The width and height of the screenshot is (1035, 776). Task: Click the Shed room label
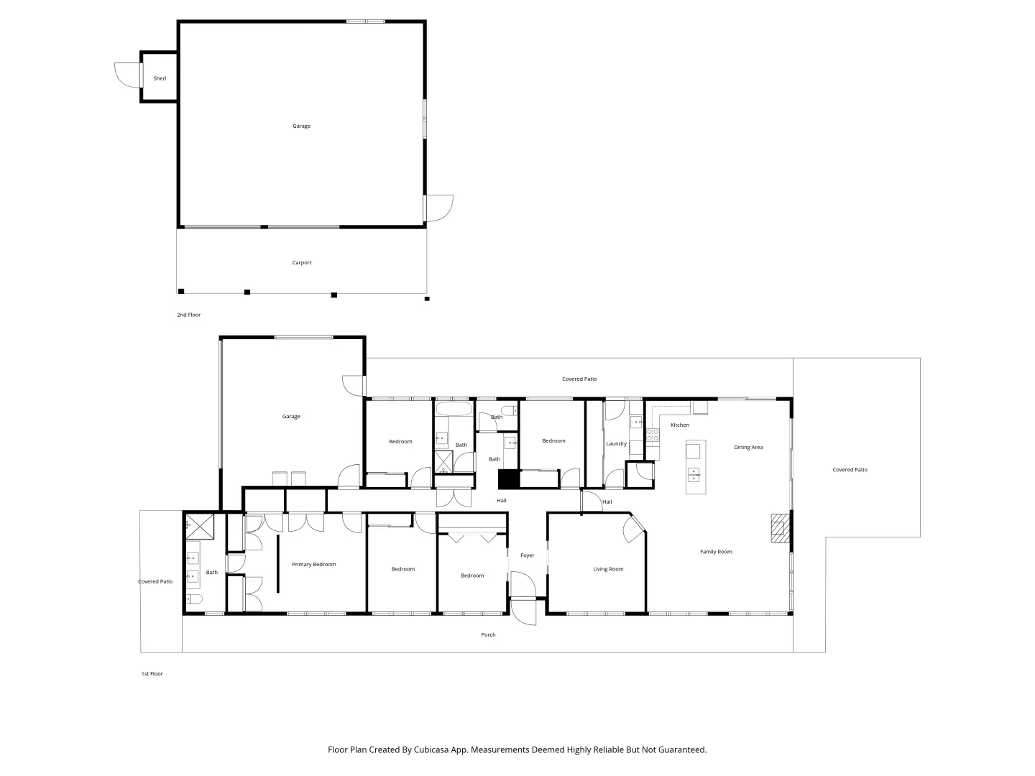(160, 78)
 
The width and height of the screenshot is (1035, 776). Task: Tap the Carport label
(302, 262)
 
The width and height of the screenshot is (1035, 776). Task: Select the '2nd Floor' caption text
(189, 315)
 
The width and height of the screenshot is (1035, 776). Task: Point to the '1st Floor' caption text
(152, 674)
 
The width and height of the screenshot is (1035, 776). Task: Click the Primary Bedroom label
(314, 565)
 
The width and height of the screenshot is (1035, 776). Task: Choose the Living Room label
(608, 569)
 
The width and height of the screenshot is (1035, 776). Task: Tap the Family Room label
(716, 552)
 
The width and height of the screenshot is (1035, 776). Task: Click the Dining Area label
(748, 448)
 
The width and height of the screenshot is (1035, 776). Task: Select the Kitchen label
(680, 425)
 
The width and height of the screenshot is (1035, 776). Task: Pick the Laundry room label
(616, 444)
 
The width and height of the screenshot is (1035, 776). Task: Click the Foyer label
(528, 555)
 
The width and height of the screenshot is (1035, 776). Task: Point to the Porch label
(488, 634)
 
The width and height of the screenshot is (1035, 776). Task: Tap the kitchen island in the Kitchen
(693, 467)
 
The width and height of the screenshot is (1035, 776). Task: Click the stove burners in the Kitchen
(653, 434)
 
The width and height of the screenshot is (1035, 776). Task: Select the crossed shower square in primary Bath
(201, 526)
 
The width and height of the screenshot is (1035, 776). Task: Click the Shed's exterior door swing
(126, 75)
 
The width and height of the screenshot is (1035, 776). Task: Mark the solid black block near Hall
(508, 479)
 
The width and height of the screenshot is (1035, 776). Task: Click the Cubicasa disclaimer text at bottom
(517, 749)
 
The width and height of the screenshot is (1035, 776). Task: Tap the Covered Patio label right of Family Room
(850, 470)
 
